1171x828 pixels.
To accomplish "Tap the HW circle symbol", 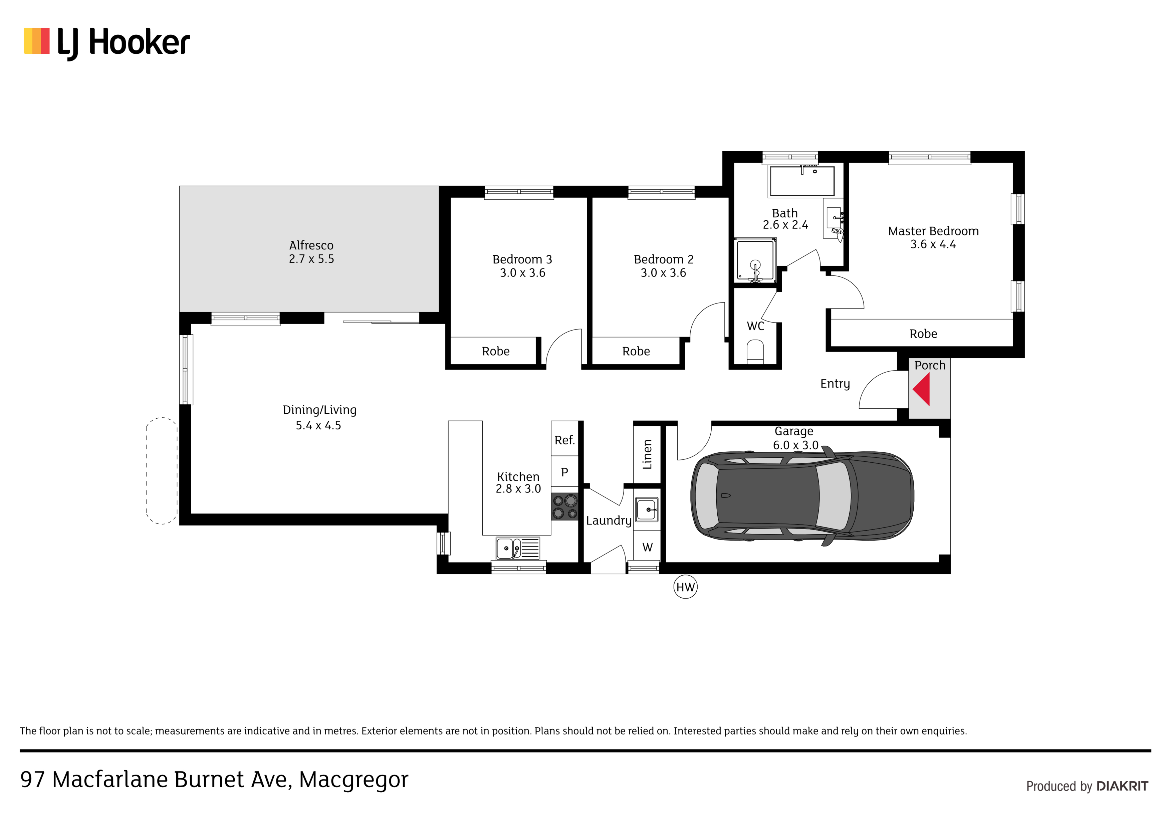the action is point(685,587).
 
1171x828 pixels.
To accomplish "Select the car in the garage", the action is point(802,496).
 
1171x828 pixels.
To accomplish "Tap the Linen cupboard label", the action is point(647,454).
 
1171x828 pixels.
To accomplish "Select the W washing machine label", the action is point(647,548).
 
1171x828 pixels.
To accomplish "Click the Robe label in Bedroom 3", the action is point(496,352).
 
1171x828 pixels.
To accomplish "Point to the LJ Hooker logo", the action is point(106,43).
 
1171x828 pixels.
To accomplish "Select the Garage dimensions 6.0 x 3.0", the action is point(795,445).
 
